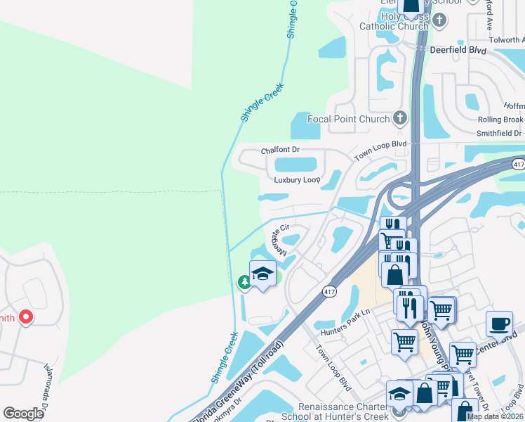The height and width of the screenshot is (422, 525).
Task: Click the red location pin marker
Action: click(x=25, y=317)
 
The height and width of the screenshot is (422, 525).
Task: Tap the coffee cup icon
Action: click(x=499, y=323)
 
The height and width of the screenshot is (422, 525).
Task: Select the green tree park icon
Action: click(x=244, y=283)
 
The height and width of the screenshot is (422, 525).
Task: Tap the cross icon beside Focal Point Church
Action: click(x=400, y=118)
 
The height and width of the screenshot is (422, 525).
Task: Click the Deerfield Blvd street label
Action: click(x=458, y=50)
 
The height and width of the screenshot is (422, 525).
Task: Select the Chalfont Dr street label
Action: click(x=280, y=150)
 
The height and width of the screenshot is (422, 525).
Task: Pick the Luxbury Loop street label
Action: click(x=297, y=180)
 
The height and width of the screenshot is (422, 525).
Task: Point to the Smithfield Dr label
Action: click(x=499, y=133)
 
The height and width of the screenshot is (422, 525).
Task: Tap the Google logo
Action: click(x=23, y=414)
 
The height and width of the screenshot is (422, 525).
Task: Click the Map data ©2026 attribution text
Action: click(x=495, y=416)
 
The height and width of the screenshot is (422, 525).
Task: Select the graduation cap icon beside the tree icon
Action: click(x=262, y=274)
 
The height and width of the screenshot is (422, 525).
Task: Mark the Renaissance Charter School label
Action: click(x=344, y=411)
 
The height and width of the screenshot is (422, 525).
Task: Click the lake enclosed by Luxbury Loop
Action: click(x=295, y=165)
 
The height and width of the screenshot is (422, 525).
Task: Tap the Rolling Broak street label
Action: click(x=500, y=120)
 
